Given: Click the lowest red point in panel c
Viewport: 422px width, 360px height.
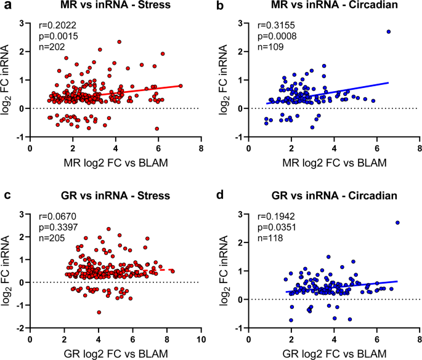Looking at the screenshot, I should [x=99, y=312].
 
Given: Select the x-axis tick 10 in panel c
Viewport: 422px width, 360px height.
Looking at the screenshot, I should [x=201, y=340].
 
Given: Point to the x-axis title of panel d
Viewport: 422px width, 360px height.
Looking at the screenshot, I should [x=334, y=353].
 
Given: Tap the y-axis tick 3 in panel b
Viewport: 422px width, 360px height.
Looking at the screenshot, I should [x=242, y=23].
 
